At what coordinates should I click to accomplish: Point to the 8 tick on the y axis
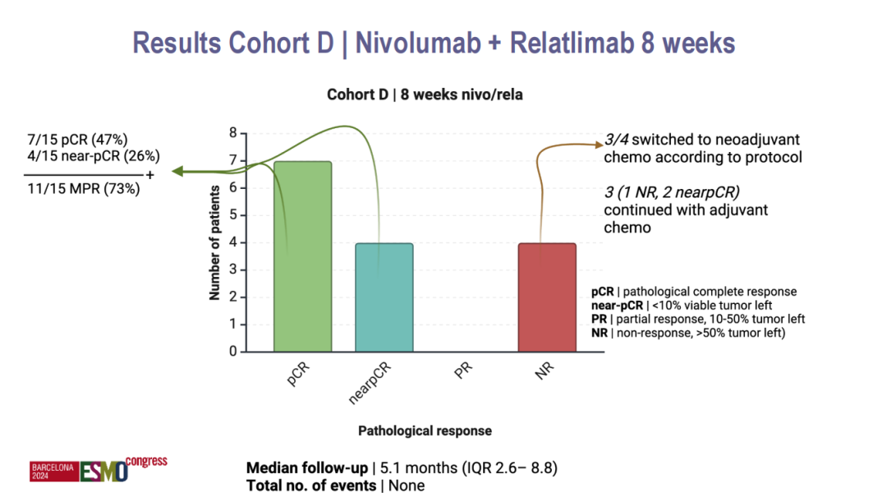click(232, 133)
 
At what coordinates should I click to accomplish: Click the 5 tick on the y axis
click(232, 215)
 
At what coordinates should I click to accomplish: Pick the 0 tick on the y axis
click(232, 352)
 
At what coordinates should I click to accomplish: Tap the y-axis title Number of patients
click(214, 242)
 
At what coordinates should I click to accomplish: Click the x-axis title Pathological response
click(425, 431)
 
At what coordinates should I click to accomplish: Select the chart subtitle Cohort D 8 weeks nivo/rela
click(425, 95)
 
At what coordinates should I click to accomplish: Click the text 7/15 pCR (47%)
click(78, 140)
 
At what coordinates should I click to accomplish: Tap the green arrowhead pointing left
click(177, 172)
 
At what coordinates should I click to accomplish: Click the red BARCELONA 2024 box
click(53, 471)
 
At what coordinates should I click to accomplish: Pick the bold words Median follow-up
click(306, 468)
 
